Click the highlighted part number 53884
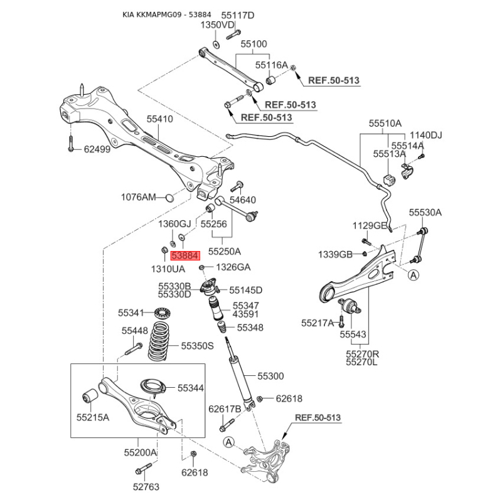(185, 256)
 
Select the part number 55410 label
(160, 119)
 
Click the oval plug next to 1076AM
(169, 198)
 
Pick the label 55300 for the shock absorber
(270, 376)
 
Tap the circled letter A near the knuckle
(228, 442)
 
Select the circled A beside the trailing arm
(414, 275)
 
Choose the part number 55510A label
(385, 123)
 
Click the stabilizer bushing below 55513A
(388, 179)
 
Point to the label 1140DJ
(426, 135)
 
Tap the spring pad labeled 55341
(163, 312)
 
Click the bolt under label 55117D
(233, 35)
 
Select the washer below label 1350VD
(216, 45)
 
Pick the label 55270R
(363, 355)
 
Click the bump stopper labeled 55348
(222, 327)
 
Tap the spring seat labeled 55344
(153, 387)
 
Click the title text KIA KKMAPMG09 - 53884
(167, 14)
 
